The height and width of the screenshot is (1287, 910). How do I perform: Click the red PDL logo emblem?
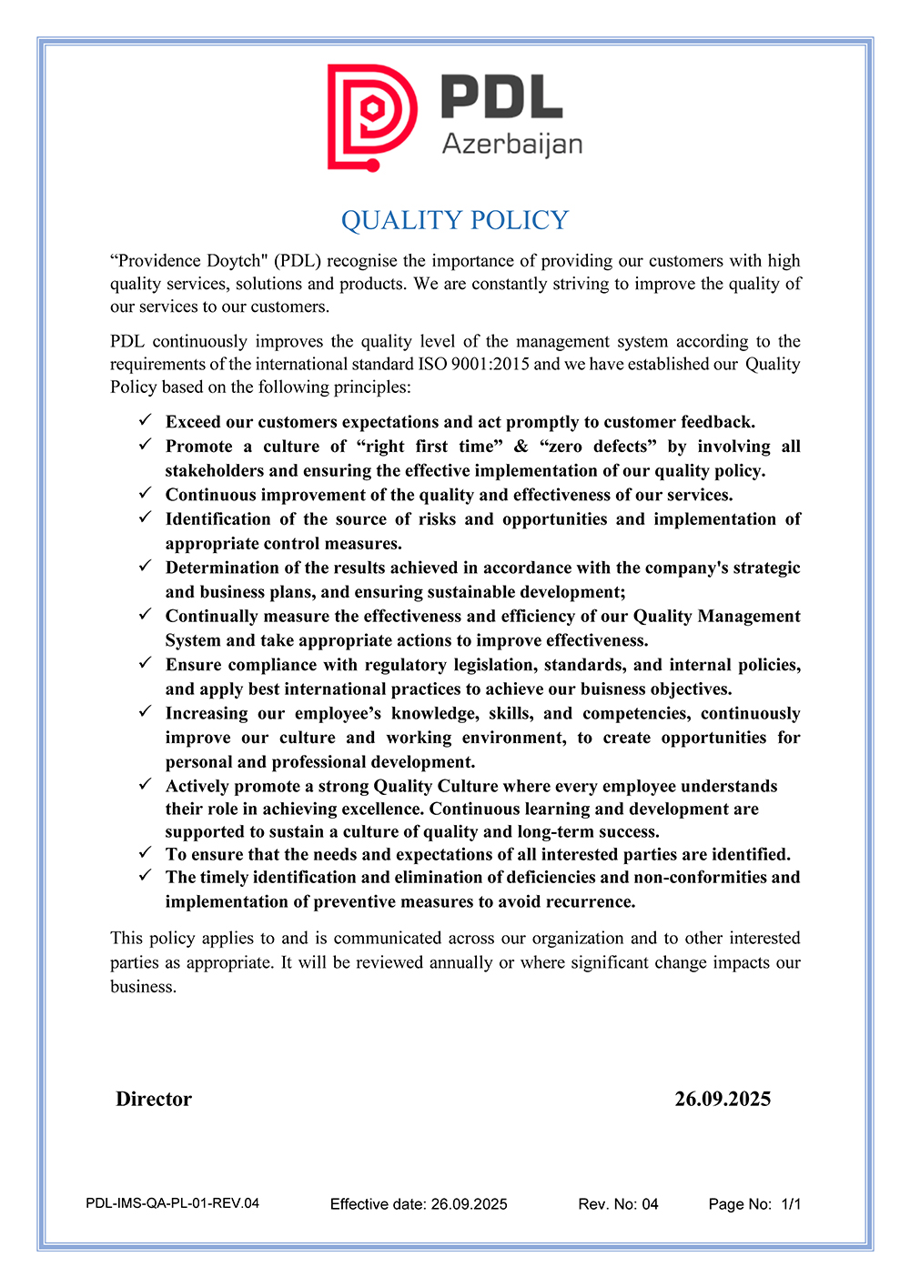[372, 117]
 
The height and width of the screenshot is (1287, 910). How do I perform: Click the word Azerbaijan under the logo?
[512, 145]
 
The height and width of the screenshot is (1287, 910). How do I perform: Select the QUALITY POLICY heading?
[455, 220]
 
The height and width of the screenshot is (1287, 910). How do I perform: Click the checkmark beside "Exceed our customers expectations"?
[145, 420]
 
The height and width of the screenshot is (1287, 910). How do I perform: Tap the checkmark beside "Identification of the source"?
[145, 518]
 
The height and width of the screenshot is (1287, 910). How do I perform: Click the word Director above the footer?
[154, 1099]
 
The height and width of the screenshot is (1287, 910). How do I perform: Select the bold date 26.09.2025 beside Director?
[723, 1099]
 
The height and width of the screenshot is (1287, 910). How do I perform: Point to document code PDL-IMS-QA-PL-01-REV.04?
[173, 1203]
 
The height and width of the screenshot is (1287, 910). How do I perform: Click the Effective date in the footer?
[419, 1204]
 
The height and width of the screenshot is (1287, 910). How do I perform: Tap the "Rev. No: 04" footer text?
[618, 1204]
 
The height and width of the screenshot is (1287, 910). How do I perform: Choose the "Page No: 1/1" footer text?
[754, 1204]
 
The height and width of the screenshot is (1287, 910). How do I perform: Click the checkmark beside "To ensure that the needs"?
[145, 853]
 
